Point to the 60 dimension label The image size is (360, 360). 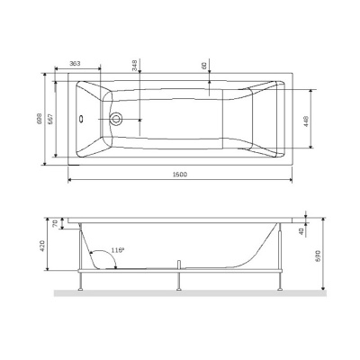click(205, 65)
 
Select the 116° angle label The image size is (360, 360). click(117, 249)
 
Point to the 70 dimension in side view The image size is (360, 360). click(56, 223)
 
